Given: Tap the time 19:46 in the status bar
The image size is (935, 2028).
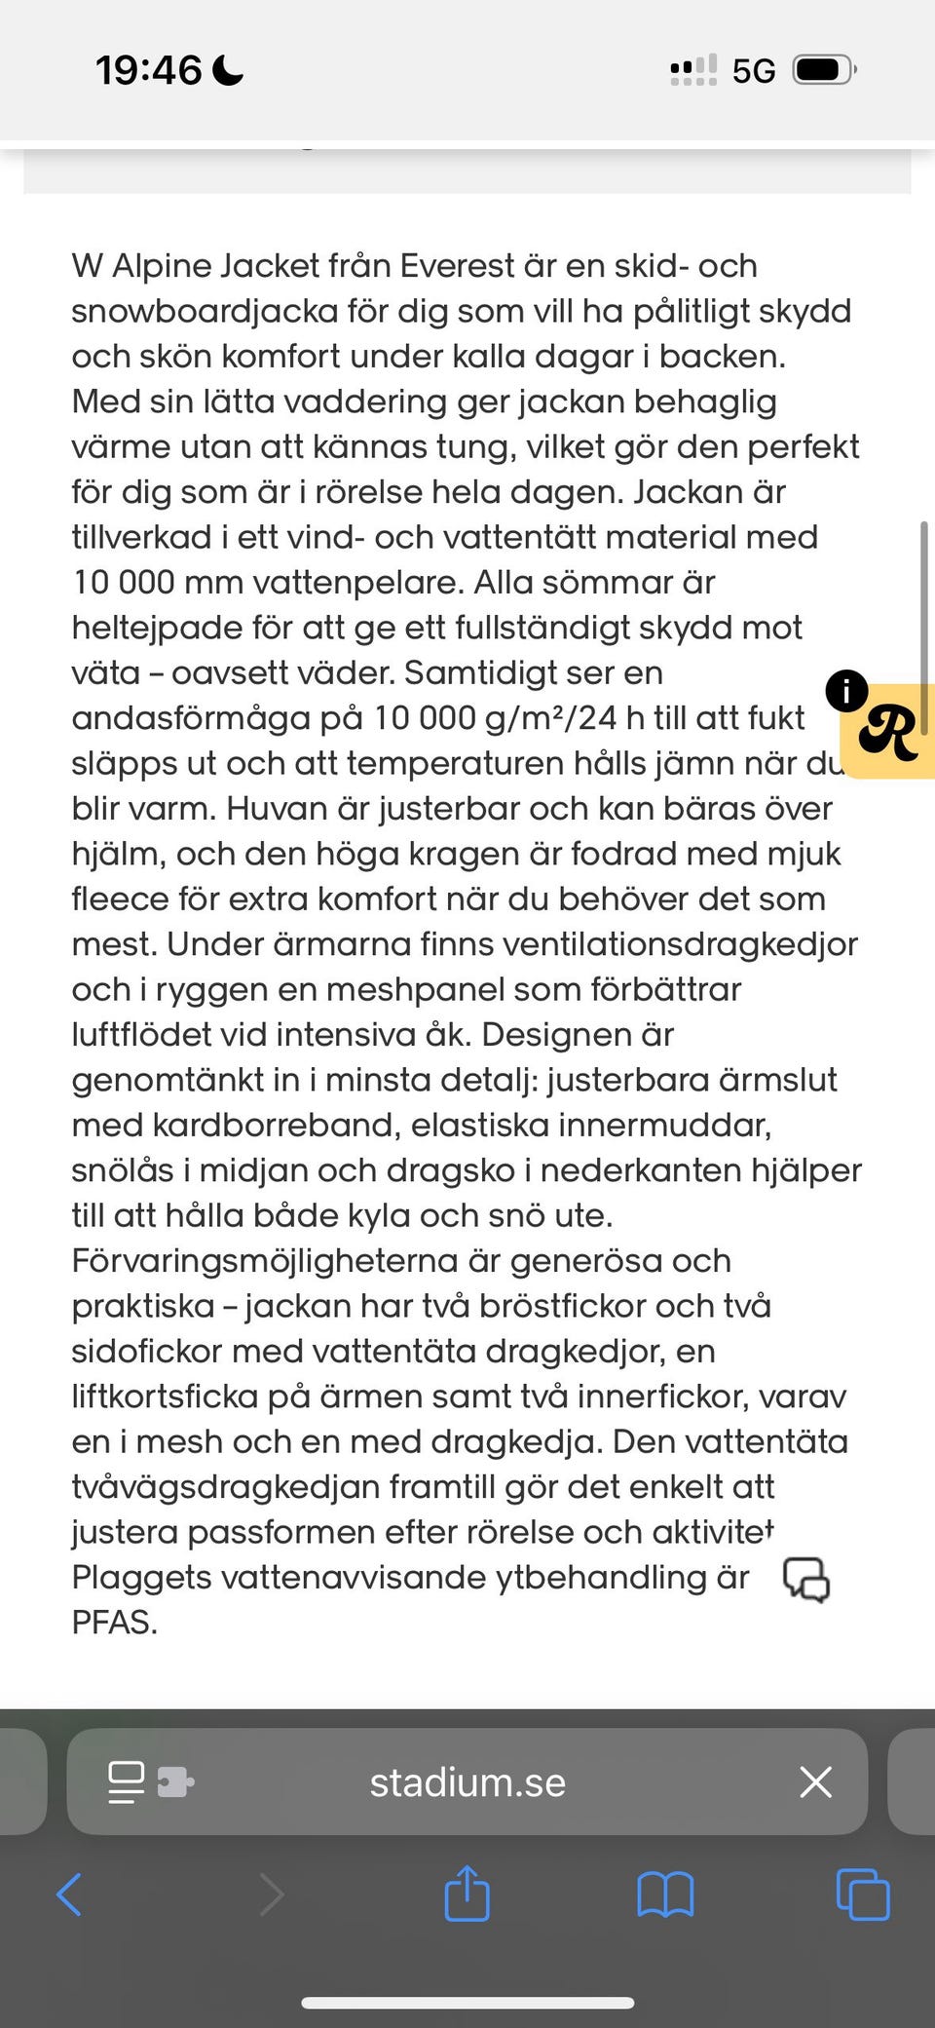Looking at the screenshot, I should (148, 70).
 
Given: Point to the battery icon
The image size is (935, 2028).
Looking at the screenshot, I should (823, 70).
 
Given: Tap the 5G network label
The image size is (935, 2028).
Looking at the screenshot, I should (754, 71).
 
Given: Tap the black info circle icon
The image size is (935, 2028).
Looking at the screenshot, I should (845, 691).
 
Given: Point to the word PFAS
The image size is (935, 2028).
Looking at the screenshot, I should (114, 1623).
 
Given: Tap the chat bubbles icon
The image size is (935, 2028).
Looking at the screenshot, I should (806, 1579).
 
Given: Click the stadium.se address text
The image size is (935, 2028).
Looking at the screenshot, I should (467, 1782).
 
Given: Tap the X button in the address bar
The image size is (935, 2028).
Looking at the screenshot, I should (815, 1781).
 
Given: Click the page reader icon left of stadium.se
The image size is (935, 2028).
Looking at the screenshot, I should (127, 1781).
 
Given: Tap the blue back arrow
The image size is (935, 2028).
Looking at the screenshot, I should (69, 1894).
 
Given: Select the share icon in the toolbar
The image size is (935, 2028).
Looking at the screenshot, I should (467, 1894).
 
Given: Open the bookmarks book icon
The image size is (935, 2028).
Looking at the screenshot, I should (665, 1894).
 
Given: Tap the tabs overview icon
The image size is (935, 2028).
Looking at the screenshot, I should (863, 1894).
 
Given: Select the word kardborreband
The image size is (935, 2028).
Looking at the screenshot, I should (276, 1126).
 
